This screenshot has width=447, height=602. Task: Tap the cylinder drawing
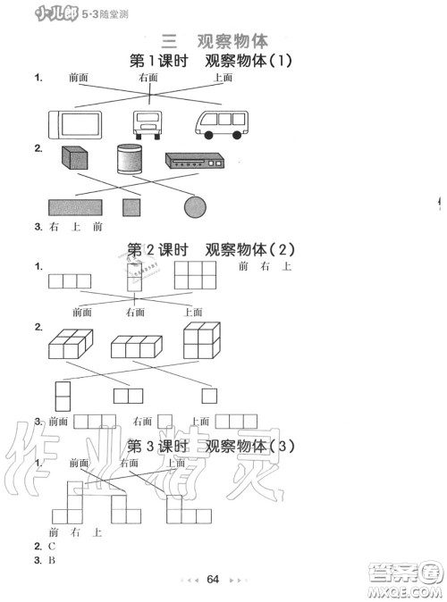point(130,160)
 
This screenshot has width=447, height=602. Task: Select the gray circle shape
point(195,208)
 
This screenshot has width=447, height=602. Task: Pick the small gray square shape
point(132,208)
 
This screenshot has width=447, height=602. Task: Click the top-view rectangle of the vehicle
point(76,123)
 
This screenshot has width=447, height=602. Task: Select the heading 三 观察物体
point(211,39)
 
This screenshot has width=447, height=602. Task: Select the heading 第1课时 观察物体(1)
point(211,61)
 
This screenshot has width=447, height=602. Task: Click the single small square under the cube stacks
point(209,394)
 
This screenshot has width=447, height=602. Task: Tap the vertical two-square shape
point(63,394)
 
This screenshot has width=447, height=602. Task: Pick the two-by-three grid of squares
point(193,275)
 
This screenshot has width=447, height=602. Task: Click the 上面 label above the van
point(223,78)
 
